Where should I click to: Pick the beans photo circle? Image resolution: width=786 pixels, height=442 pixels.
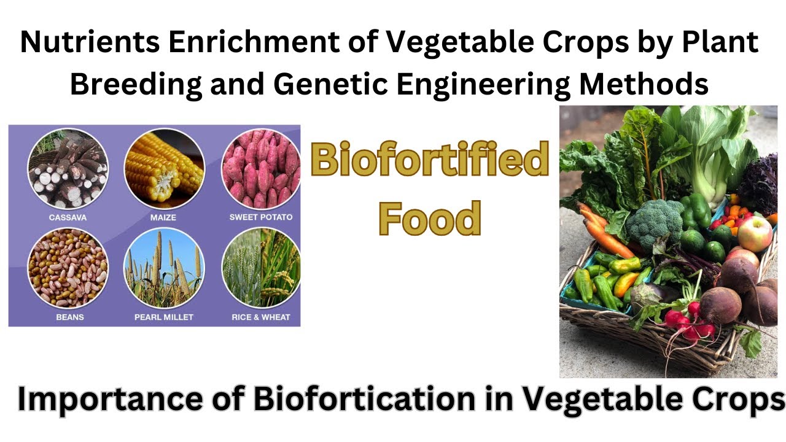coord(68,268)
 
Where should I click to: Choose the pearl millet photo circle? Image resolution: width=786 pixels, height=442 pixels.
coord(164,268)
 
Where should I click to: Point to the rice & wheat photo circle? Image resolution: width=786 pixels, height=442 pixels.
coord(260,268)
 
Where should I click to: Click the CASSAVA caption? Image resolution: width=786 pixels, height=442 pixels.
coord(68,217)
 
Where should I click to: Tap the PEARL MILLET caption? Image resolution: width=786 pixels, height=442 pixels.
coord(164,317)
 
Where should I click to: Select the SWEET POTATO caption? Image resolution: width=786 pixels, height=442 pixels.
coord(261,217)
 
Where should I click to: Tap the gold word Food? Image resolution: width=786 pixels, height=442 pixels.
coord(429,218)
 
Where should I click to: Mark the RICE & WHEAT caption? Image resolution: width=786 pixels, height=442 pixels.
coord(261,317)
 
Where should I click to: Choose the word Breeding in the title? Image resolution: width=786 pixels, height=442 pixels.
coord(136,84)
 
